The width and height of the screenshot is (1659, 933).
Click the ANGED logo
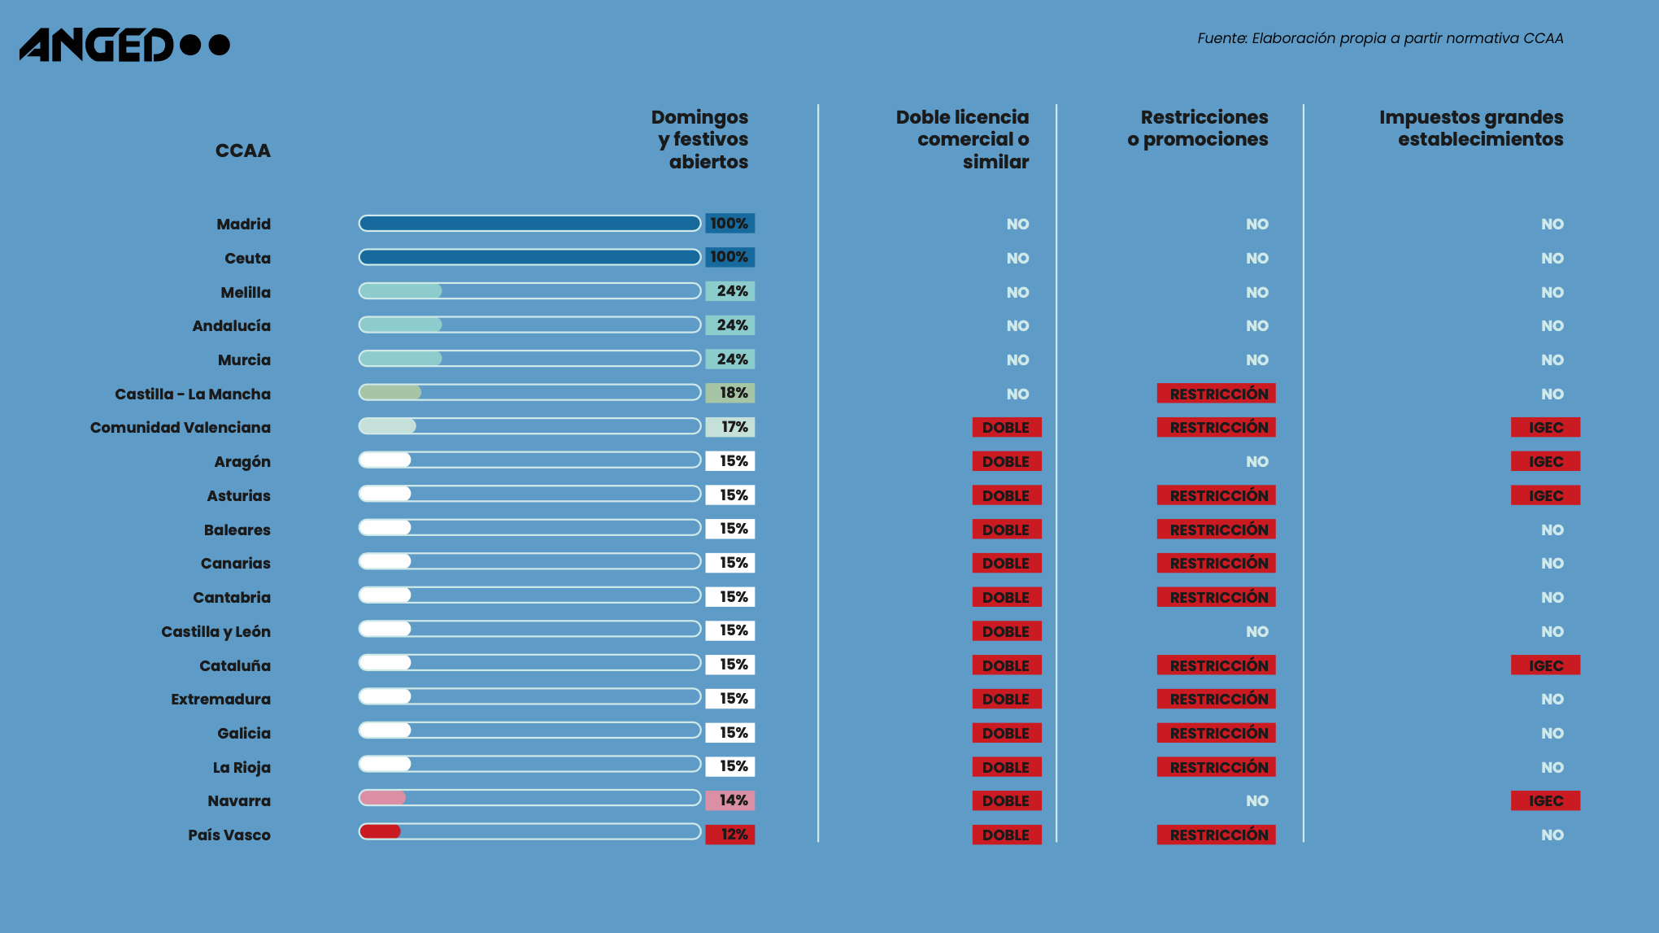tap(124, 45)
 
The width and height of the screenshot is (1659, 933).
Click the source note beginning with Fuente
tap(1379, 38)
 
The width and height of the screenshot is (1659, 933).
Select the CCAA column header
tap(242, 150)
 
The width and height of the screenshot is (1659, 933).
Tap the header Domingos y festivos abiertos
tap(699, 139)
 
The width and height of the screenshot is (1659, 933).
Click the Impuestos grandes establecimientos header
tap(1470, 129)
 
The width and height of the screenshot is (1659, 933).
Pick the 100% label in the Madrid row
tap(729, 224)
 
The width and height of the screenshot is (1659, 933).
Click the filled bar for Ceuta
tap(529, 258)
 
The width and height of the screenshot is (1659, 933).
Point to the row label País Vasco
tap(229, 835)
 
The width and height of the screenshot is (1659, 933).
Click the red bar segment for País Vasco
tap(381, 831)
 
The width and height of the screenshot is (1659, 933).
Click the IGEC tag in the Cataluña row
tap(1545, 665)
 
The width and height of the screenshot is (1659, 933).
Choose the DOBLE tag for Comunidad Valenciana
tap(1006, 427)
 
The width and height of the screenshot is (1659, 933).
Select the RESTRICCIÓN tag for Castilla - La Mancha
tap(1216, 394)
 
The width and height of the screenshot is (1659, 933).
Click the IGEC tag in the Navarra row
tap(1545, 800)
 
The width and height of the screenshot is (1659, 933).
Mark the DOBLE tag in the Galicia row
tap(1006, 733)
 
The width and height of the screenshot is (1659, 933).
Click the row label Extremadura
tap(220, 699)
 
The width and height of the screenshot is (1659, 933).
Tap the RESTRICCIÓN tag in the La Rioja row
tap(1216, 767)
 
